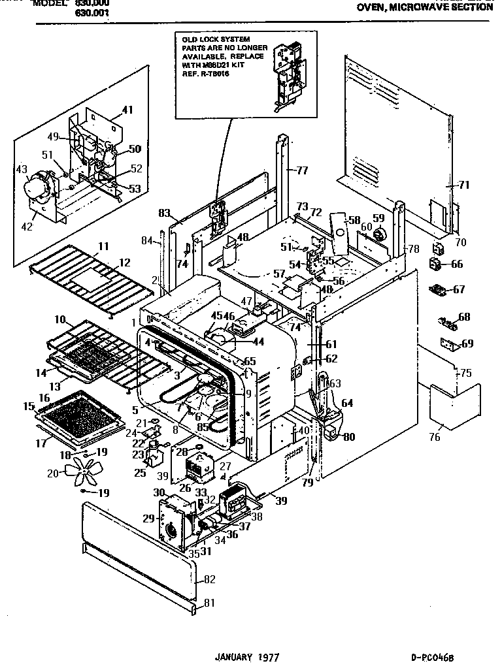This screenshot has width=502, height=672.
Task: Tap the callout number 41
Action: [127, 110]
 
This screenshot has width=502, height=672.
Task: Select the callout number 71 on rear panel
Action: [463, 185]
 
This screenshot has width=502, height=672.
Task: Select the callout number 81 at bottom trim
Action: [209, 603]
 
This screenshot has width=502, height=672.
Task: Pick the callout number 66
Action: [456, 264]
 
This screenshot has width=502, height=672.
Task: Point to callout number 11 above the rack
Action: [103, 246]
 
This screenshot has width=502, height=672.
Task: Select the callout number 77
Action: [301, 171]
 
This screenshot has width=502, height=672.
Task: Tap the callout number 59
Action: [378, 218]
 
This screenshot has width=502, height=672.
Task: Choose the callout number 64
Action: [346, 403]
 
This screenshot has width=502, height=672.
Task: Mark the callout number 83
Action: [164, 212]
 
